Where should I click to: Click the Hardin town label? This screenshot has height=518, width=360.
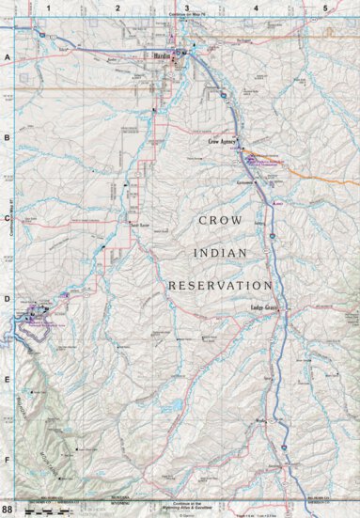pyautogui.click(x=160, y=55)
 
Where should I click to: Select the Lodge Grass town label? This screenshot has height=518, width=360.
pyautogui.click(x=265, y=307)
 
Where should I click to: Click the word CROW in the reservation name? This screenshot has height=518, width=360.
pyautogui.click(x=221, y=220)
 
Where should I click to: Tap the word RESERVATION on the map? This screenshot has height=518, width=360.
pyautogui.click(x=220, y=284)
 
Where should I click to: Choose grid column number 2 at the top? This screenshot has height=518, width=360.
pyautogui.click(x=117, y=8)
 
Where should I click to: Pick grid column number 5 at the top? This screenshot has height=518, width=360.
pyautogui.click(x=324, y=8)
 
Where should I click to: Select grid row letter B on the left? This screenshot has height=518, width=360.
pyautogui.click(x=7, y=137)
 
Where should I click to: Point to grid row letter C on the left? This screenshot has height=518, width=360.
pyautogui.click(x=7, y=218)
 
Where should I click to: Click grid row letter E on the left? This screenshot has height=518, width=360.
pyautogui.click(x=7, y=380)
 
